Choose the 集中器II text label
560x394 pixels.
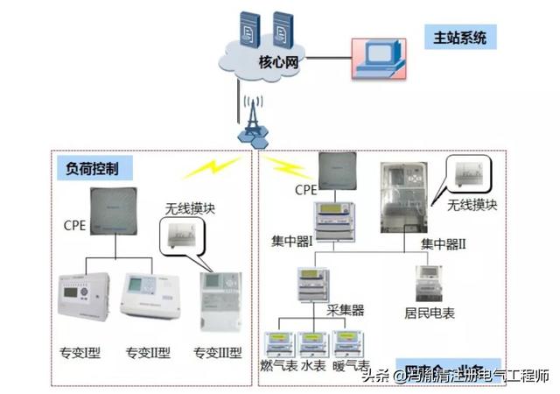tap(443, 243)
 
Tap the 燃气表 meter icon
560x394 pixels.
tap(279, 344)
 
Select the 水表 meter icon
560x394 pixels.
tap(312, 344)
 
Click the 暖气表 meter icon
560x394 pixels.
tap(348, 344)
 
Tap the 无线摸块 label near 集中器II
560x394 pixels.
tap(472, 205)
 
